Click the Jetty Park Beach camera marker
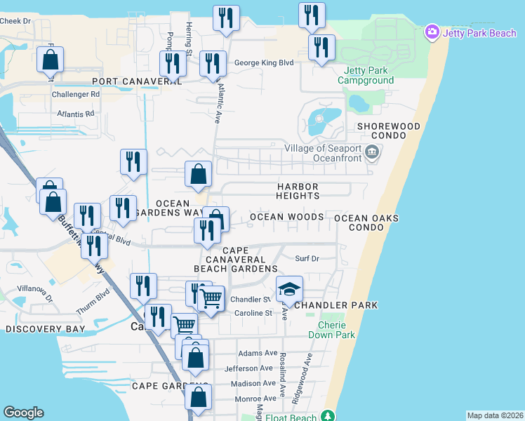432,32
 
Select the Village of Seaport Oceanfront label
323,153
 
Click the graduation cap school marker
288,289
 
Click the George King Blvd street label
263,62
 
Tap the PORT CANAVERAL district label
132,81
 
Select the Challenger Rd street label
76,94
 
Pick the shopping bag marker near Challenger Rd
51,62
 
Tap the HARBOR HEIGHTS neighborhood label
298,192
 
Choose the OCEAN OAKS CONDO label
366,223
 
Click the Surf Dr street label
307,258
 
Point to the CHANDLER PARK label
336,305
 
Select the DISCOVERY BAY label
45,328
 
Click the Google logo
23,413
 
